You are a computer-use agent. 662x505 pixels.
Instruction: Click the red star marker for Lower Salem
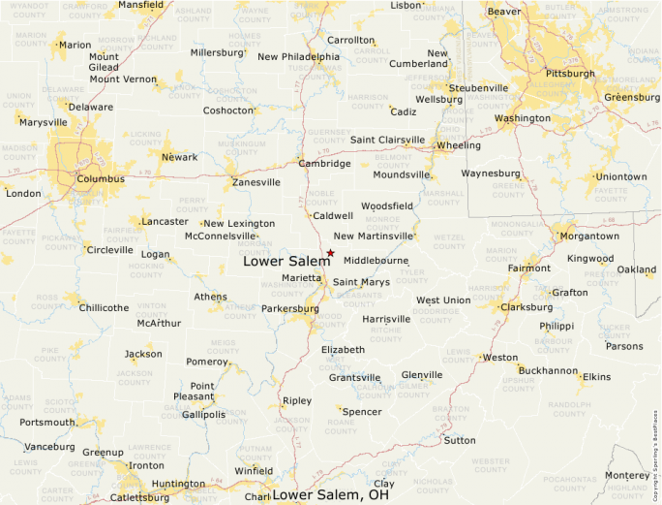click(x=330, y=253)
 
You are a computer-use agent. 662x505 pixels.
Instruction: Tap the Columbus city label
click(x=101, y=178)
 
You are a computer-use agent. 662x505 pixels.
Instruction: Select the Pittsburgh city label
click(x=570, y=73)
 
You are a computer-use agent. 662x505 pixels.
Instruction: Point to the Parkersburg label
click(x=289, y=309)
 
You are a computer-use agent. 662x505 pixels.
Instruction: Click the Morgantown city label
click(x=589, y=236)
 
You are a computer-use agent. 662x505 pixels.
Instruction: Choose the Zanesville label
click(x=256, y=182)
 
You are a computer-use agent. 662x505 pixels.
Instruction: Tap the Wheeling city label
click(x=458, y=145)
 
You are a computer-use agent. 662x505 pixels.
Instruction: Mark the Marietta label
click(x=301, y=278)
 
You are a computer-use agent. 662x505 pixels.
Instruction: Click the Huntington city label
click(x=178, y=484)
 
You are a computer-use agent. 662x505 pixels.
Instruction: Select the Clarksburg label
click(x=527, y=307)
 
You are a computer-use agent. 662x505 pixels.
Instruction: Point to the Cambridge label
click(x=324, y=164)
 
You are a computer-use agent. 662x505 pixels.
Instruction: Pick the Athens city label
click(x=210, y=297)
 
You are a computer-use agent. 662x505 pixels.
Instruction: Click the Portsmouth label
click(x=46, y=422)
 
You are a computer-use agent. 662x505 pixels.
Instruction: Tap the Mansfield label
click(x=140, y=5)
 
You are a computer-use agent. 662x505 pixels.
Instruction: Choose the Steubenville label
click(x=478, y=87)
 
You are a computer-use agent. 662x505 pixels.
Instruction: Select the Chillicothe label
click(x=104, y=307)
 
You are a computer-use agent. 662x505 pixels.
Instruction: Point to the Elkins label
click(x=596, y=376)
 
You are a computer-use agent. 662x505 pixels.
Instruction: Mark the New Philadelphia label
click(x=298, y=56)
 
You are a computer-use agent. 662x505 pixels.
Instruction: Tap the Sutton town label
click(x=459, y=440)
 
